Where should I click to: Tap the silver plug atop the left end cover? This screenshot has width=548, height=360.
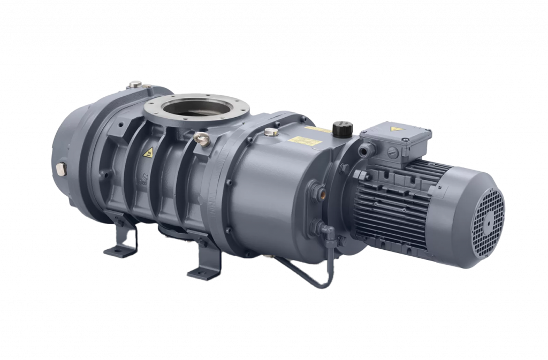pos(134,84)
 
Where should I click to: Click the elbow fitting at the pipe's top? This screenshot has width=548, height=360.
pos(327,231)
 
